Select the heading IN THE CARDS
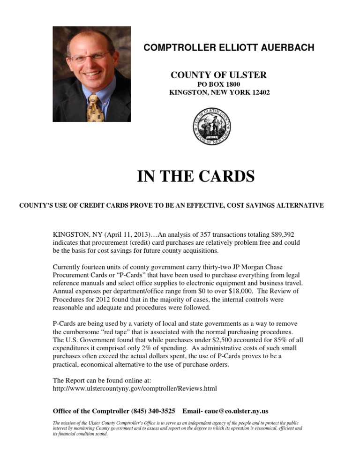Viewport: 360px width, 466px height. pos(195,177)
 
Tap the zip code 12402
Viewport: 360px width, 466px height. pos(260,92)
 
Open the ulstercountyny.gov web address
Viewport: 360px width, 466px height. pos(135,389)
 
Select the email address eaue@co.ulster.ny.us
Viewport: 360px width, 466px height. pos(238,411)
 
